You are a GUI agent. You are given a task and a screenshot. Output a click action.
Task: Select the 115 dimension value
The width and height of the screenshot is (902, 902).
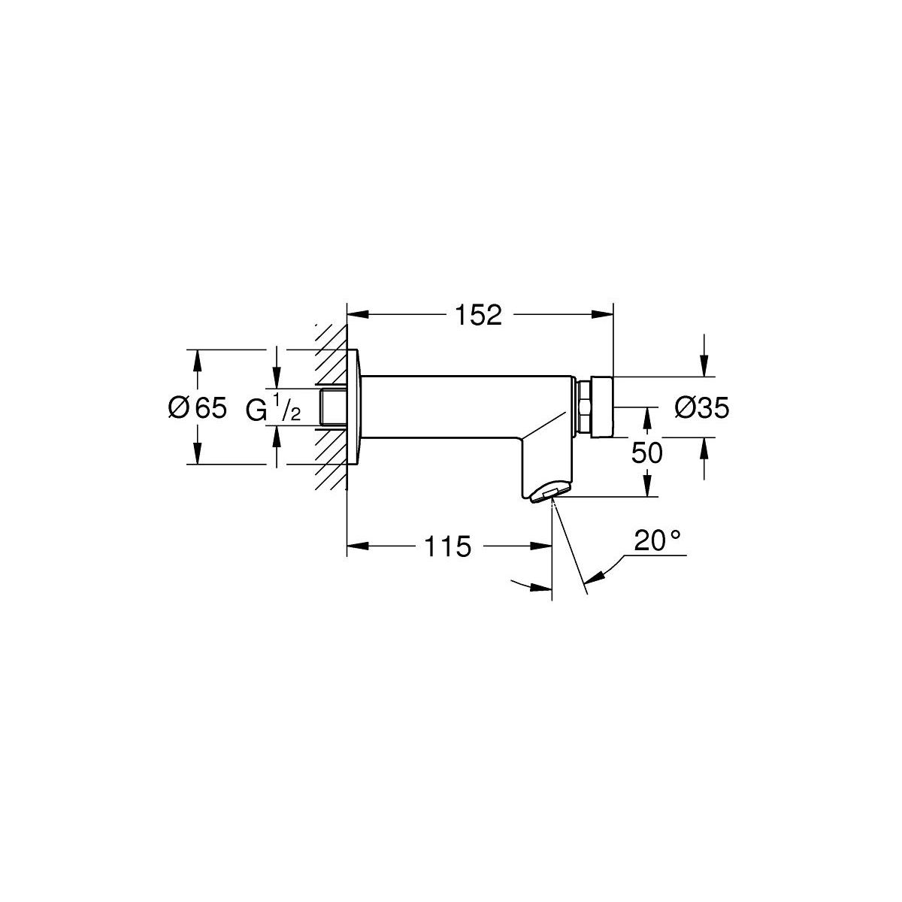(447, 546)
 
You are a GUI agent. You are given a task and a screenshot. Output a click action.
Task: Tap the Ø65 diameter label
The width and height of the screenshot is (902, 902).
(197, 407)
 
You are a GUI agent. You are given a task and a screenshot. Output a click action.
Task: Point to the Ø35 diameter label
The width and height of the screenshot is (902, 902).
(701, 407)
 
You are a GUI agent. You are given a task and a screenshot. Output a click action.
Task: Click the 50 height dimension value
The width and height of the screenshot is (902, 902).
(647, 453)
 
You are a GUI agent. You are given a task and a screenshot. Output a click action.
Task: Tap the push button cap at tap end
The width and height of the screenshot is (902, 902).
(602, 407)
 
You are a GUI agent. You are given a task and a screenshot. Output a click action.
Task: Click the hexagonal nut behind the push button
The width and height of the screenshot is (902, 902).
(584, 407)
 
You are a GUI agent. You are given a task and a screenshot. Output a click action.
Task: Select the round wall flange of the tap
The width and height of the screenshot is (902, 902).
(354, 407)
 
